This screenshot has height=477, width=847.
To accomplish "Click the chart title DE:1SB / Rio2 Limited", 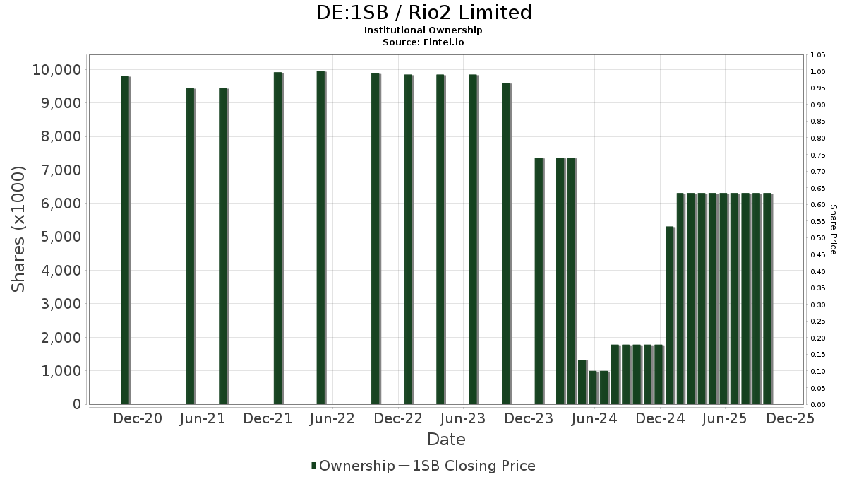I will coord(423,13).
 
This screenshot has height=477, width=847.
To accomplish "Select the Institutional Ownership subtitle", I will coord(423,30).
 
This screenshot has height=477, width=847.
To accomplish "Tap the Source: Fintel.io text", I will coord(423,42).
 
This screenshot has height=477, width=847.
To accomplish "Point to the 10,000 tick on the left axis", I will coord(56,70).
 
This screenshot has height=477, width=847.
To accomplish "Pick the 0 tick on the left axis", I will coord(76,404).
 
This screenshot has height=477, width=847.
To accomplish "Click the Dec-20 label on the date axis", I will coord(137,418).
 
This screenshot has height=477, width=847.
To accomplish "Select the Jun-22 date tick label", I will coord(332,418).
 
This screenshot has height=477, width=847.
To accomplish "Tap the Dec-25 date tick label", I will coord(791,418).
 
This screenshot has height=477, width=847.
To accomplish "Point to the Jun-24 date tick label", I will coord(594,418).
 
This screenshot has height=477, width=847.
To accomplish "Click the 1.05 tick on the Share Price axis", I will coord(818,55).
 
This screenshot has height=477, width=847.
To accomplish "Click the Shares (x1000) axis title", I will coord(19,229).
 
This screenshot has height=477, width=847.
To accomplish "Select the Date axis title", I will coord(446,440).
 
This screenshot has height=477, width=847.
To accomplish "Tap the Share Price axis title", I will coord(833,230).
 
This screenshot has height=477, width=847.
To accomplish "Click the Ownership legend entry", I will coord(353,466).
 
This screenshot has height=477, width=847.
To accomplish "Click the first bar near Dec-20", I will coord(126,240).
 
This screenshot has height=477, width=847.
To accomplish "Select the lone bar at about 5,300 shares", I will coord(670,315).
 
